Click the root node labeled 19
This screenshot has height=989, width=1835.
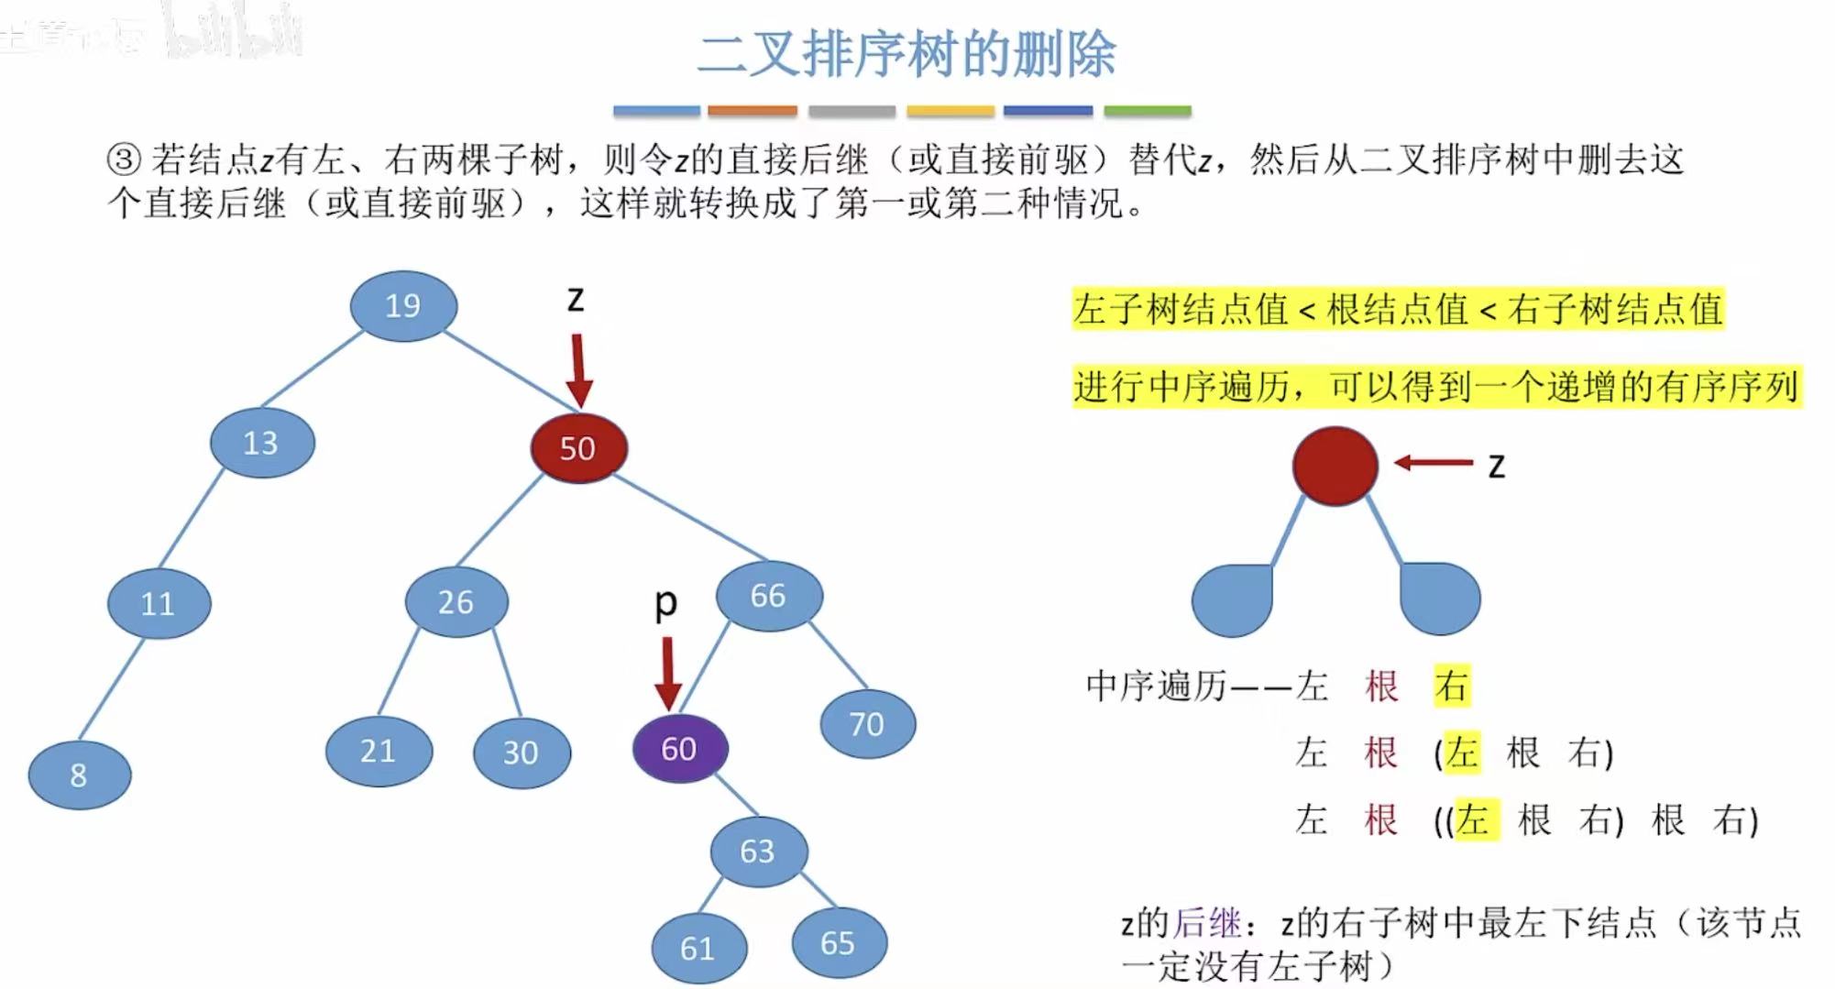403,305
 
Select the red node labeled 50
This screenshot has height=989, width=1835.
578,448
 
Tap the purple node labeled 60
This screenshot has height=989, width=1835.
680,748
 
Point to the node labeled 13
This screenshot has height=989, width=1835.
262,444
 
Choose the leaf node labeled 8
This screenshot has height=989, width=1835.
80,775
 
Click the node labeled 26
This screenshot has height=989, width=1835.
456,602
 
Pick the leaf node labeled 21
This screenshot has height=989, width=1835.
379,752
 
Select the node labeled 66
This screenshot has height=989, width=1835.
769,596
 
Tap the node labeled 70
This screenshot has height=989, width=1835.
867,724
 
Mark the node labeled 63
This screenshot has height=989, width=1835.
758,852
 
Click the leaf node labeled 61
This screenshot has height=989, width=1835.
698,948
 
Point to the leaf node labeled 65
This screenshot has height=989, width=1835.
839,943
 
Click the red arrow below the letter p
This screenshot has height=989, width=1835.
668,673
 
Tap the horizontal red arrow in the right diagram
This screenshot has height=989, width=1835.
1434,463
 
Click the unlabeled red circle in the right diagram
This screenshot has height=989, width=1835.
1335,466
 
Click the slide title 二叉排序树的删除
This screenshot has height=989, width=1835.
906,54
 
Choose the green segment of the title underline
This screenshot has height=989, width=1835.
1147,111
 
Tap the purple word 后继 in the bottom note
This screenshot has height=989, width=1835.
1208,923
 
